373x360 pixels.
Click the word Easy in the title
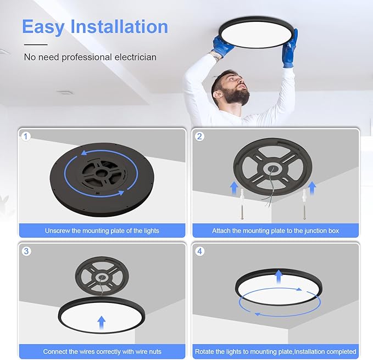click(x=44, y=27)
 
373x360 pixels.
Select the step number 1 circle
click(x=26, y=136)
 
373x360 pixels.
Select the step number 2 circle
click(x=199, y=136)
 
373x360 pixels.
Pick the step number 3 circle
click(x=26, y=251)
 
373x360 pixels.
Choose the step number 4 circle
click(x=199, y=251)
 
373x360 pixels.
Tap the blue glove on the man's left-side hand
click(x=222, y=46)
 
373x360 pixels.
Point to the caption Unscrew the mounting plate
click(x=102, y=230)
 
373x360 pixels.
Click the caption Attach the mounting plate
click(x=275, y=230)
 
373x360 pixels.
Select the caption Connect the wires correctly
click(x=102, y=351)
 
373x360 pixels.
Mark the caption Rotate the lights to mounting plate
click(x=275, y=351)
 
